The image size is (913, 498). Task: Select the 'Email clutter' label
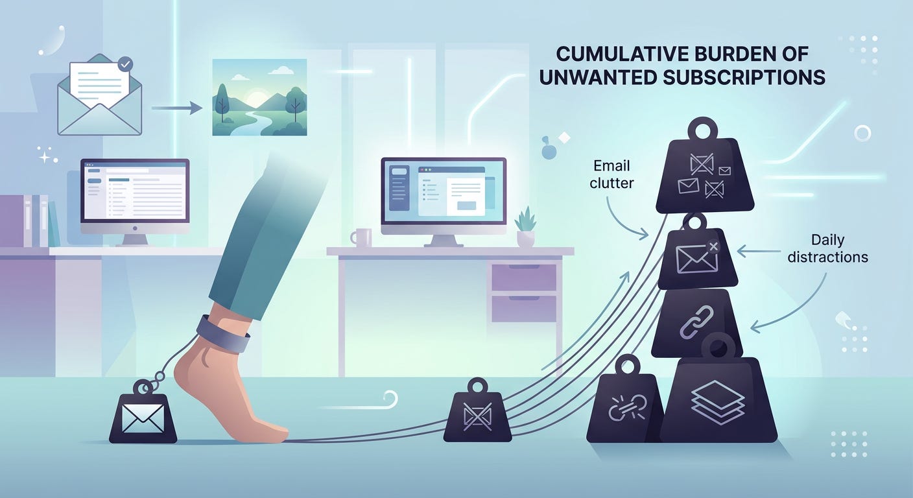(611, 174)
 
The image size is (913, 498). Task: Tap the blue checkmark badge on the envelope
(126, 65)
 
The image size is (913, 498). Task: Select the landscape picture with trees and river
(259, 97)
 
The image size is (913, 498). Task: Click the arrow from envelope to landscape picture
(176, 108)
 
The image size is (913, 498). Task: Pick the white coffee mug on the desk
(362, 237)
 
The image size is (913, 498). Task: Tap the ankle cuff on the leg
(224, 333)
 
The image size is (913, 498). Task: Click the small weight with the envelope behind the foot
(143, 415)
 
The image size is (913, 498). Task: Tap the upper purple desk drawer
(524, 277)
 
